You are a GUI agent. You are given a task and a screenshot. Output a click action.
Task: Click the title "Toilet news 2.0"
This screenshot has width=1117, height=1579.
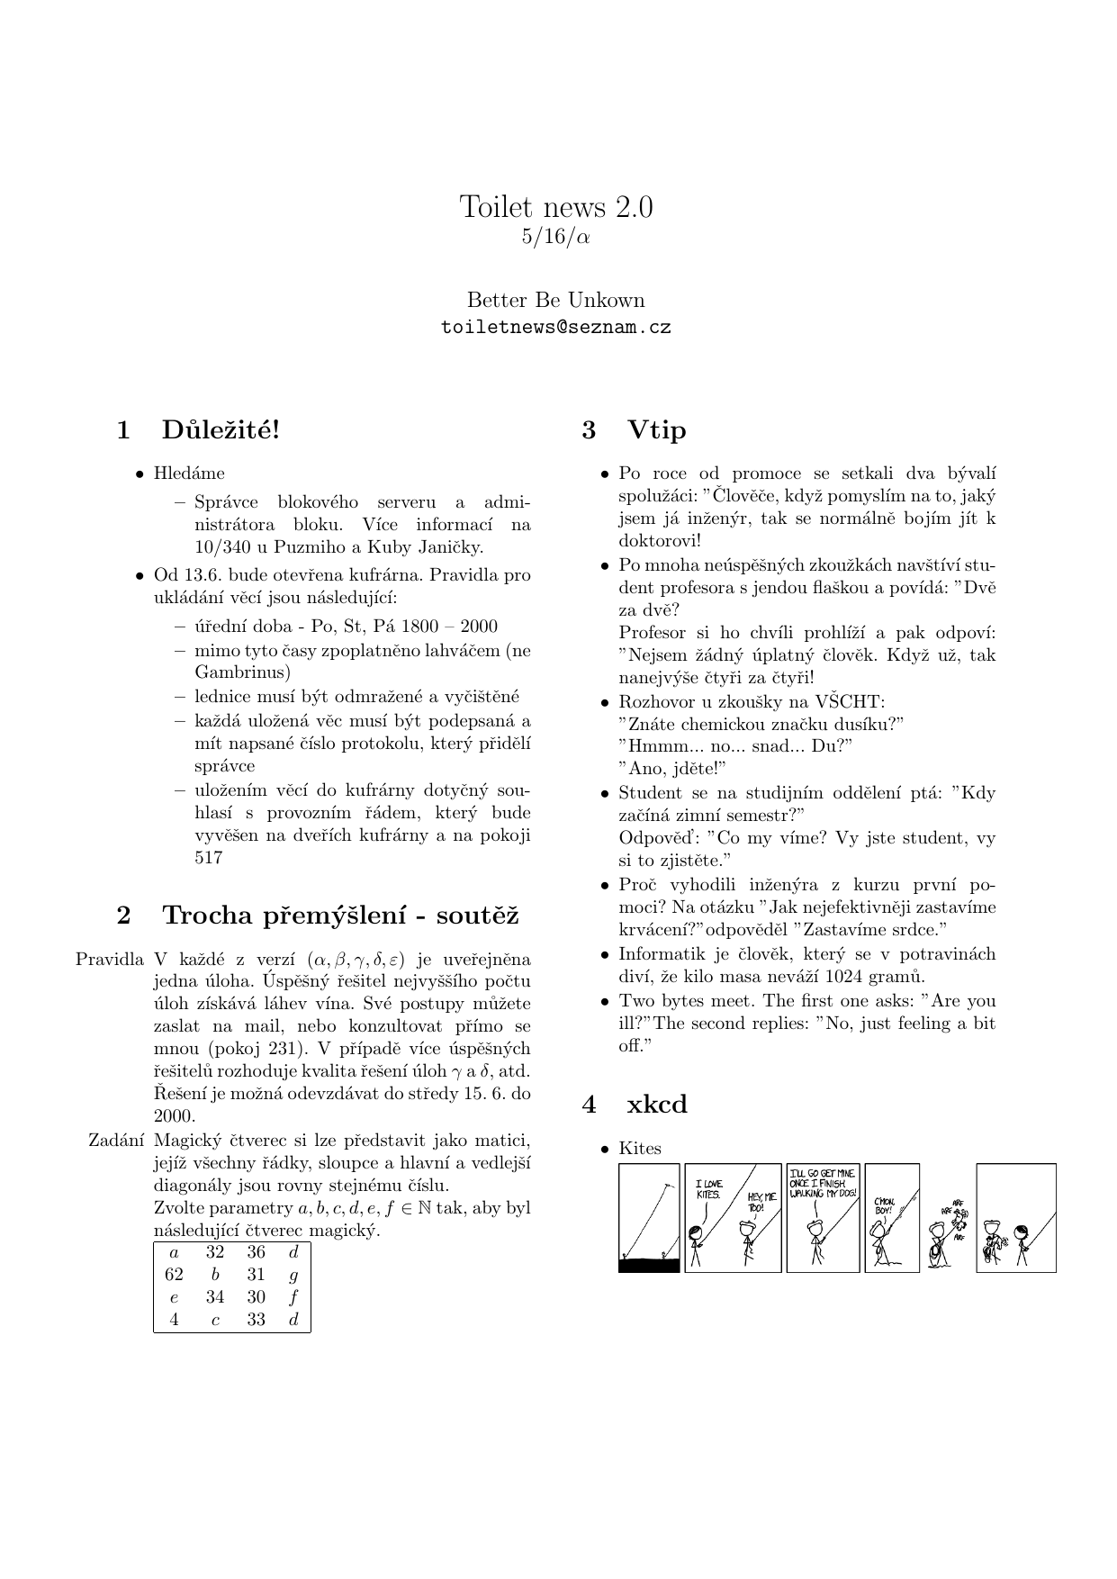click(556, 207)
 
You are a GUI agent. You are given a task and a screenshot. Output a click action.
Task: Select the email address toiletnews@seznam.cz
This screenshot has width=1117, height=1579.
click(556, 328)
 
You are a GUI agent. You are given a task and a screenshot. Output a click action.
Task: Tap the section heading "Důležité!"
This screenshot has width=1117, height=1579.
click(221, 430)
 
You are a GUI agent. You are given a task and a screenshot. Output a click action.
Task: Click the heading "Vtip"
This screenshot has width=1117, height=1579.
click(656, 430)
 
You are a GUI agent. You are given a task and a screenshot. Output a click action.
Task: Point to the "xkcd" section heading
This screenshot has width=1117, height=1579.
click(656, 1105)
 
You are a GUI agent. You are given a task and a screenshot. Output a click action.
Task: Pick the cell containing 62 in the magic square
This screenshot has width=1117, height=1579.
click(175, 1275)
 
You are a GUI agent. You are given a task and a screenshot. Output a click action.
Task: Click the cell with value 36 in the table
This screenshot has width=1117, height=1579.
click(257, 1252)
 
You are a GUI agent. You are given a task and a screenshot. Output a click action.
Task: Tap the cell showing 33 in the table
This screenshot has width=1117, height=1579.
click(257, 1320)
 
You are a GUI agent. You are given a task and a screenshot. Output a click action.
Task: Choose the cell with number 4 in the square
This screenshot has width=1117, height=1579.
click(175, 1320)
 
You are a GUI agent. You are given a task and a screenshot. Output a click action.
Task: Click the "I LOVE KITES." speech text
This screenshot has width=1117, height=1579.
click(708, 1188)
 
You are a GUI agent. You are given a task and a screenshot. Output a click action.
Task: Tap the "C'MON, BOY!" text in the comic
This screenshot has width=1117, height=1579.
click(883, 1206)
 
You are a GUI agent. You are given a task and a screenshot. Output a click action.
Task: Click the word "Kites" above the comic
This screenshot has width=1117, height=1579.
click(640, 1149)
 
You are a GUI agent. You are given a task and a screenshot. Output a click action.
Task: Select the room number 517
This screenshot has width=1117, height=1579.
click(208, 858)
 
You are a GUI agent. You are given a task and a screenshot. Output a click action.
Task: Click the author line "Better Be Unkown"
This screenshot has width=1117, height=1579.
click(556, 301)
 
